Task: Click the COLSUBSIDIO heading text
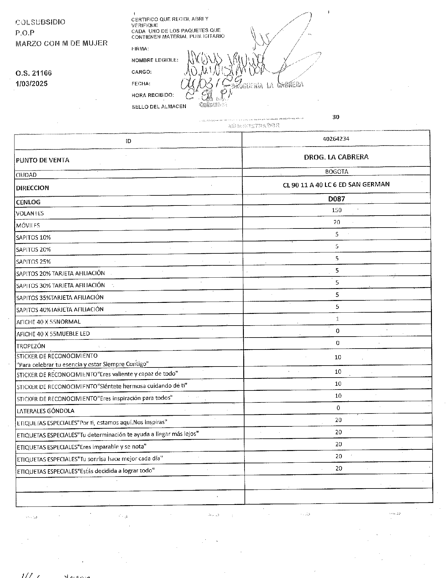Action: point(40,22)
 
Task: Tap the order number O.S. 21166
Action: point(34,73)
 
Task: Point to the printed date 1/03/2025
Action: point(32,84)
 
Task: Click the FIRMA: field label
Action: point(140,49)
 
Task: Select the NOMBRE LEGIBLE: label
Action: point(155,60)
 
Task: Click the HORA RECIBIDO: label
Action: point(152,95)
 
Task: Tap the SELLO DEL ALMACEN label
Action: point(159,107)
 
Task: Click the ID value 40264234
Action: point(336,139)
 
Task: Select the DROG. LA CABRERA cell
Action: point(336,157)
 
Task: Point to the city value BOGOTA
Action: point(337,172)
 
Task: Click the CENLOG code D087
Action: point(337,199)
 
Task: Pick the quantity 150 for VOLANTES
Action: point(337,210)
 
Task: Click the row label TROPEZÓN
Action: point(31,346)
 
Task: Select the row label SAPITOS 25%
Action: point(33,262)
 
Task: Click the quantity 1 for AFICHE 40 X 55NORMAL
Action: point(337,319)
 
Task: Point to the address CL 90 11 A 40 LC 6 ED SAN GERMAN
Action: point(336,185)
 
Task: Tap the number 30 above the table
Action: point(336,117)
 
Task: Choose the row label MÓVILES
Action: point(28,225)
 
